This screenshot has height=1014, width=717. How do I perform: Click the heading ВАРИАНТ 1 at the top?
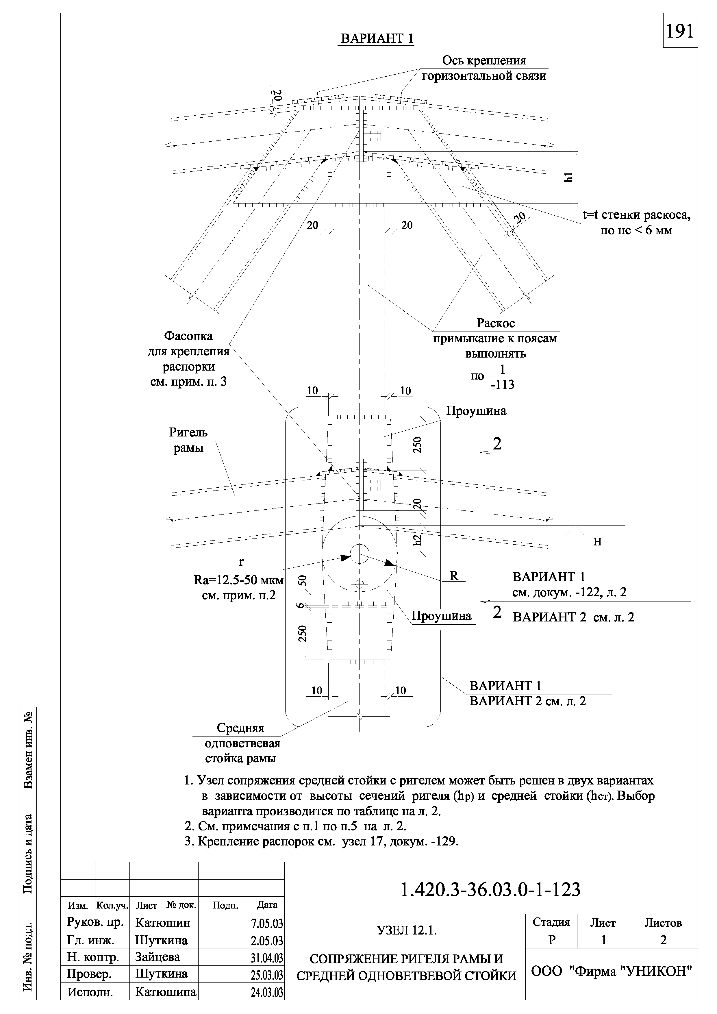377,38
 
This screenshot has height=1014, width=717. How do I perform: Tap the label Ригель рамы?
188,440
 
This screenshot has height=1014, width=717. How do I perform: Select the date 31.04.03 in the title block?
267,957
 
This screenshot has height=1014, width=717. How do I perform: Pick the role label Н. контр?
93,957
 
